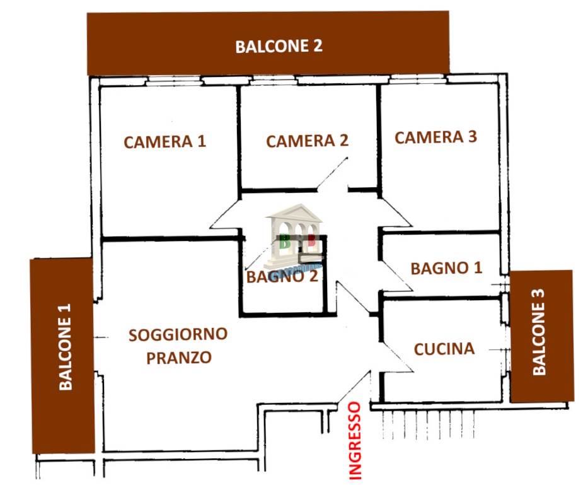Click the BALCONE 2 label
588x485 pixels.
tap(279, 46)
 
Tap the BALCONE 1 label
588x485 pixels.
tap(66, 347)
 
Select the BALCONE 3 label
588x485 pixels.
tap(539, 332)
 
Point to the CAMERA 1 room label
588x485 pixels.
tap(164, 142)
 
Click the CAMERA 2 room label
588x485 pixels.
tap(307, 141)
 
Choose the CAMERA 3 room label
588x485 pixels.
tap(435, 137)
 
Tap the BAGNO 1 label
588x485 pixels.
tap(446, 268)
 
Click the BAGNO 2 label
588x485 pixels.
tap(282, 277)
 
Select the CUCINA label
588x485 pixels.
tap(444, 349)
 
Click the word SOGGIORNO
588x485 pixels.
tap(178, 334)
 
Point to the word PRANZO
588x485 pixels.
tap(179, 358)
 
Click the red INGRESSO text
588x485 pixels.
tap(355, 441)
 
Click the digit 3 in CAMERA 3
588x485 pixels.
tap(473, 137)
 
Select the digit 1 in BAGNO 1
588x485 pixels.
tap(478, 267)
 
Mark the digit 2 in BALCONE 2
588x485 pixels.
tap(317, 46)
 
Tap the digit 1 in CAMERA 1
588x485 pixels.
tap(202, 141)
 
